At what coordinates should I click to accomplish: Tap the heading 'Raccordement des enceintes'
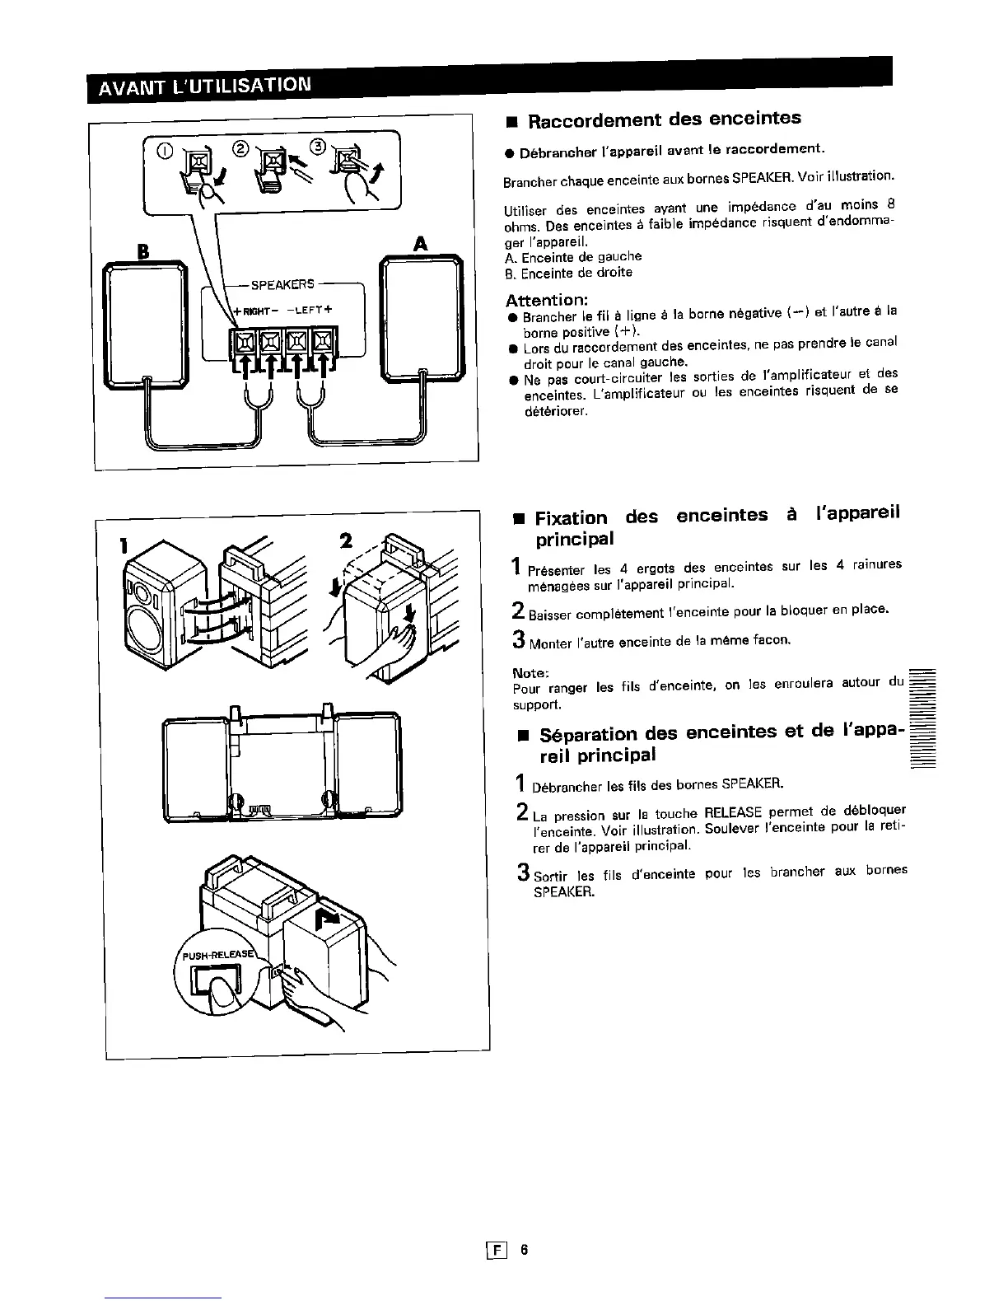click(664, 119)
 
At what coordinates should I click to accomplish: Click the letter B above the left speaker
click(142, 249)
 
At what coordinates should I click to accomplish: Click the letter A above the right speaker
click(420, 243)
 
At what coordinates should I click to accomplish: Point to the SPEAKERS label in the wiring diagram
click(282, 284)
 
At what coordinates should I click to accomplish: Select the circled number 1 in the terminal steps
click(166, 150)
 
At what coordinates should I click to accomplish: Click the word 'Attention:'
click(546, 299)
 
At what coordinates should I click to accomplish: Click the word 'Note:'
click(530, 674)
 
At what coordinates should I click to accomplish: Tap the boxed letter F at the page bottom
click(497, 1251)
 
